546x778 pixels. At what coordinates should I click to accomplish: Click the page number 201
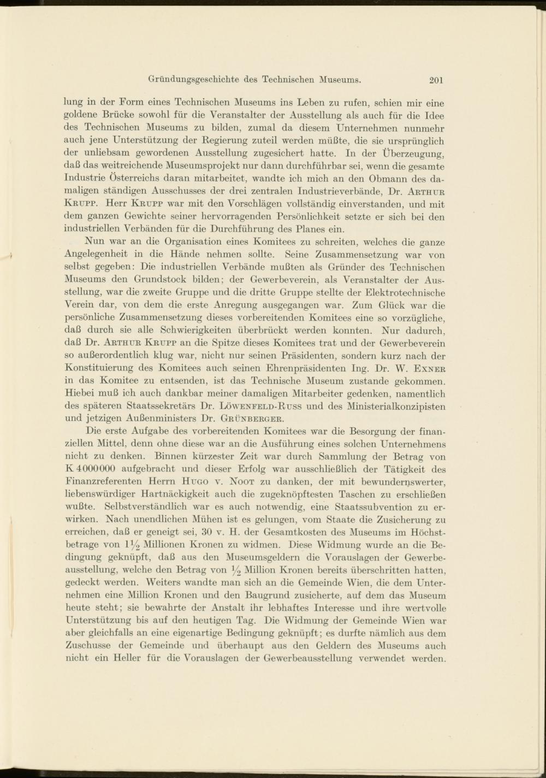coord(436,80)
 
